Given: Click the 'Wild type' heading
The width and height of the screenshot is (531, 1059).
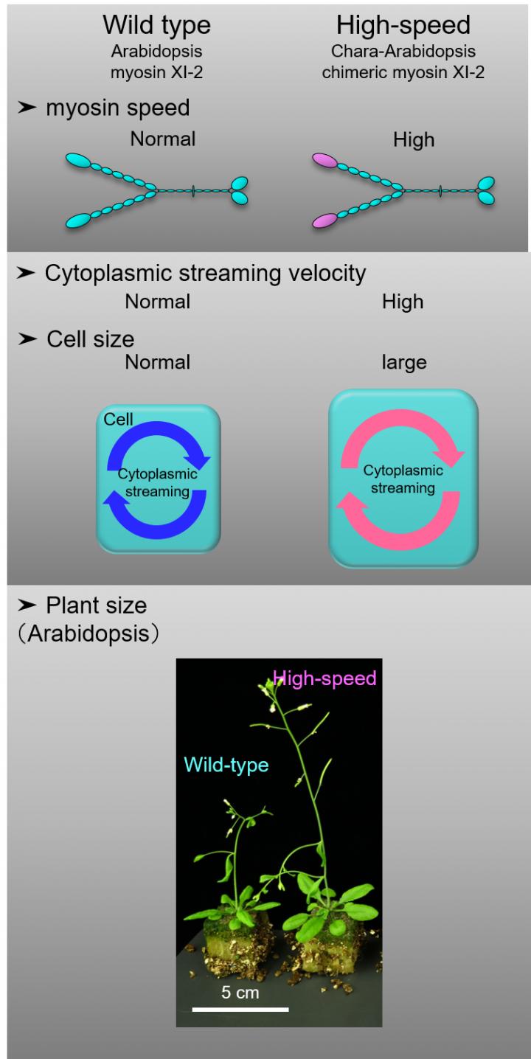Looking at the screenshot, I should coord(156,26).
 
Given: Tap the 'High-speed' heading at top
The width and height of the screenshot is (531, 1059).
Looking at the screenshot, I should coord(403,26).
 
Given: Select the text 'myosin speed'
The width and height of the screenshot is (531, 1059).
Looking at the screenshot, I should coord(117,108).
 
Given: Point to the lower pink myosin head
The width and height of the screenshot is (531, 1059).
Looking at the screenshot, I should coord(326,220).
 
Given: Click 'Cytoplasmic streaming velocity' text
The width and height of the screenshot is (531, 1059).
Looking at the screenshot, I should coord(205,274).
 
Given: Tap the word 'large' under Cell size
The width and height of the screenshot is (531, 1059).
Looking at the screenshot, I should coord(403,362).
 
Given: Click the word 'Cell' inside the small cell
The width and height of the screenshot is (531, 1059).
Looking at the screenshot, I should coord(118,420).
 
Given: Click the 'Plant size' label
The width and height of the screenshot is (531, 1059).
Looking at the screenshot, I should coord(96,606).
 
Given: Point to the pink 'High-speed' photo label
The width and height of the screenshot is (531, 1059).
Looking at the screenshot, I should coord(324,677).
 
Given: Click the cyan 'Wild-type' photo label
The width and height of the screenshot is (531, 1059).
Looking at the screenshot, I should coord(226,765).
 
